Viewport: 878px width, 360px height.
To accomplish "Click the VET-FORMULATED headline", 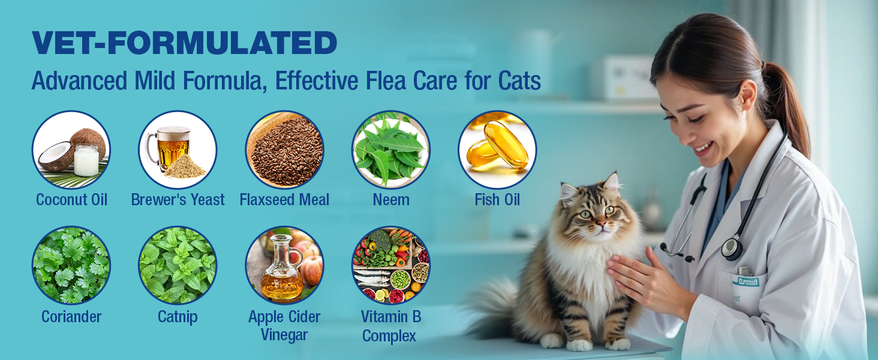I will point(184,43).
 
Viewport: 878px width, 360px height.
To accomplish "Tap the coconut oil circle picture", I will point(71,149).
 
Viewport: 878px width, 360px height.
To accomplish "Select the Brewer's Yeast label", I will point(178,200).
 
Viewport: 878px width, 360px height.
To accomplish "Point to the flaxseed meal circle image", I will point(284,149).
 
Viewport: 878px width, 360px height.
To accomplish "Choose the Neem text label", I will point(391,200).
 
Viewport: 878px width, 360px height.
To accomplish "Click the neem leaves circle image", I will point(391,149).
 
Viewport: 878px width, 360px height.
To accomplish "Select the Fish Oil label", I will point(497,200).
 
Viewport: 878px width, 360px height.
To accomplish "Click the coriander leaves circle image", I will point(71,265).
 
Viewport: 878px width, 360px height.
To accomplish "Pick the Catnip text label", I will point(178,316).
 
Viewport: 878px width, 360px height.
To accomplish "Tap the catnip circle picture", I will point(178,265).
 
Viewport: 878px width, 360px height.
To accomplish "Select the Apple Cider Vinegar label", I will point(284,325).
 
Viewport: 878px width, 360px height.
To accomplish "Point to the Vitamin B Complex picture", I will point(391,265).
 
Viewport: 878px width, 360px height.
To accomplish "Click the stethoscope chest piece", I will point(732,248).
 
